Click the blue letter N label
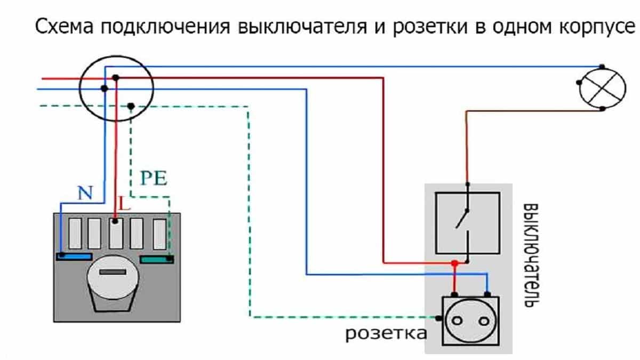pos(85,193)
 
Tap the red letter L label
pos(124,203)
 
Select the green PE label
pos(154,178)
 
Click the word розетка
pos(386,334)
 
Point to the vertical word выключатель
pos(531,255)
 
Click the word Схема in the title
pos(65,26)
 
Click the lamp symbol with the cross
pos(603,88)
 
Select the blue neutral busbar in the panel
pos(74,257)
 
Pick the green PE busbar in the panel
pos(157,259)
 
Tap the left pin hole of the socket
pos(457,321)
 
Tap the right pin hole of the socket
pos(484,322)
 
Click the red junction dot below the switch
pos(454,263)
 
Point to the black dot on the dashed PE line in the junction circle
pos(131,106)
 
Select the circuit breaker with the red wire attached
pos(116,234)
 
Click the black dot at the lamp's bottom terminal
pos(602,109)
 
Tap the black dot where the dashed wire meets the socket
pos(438,318)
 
